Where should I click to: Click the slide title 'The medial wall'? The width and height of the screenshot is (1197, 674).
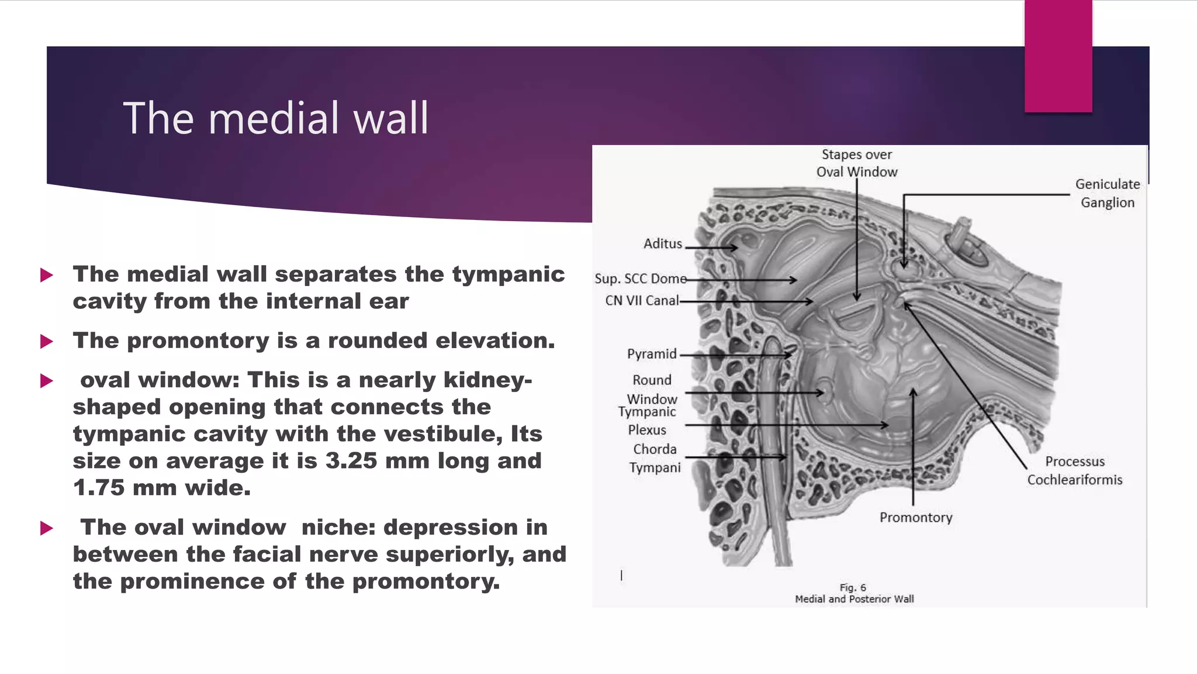(275, 118)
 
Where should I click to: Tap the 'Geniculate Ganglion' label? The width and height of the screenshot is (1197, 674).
(1107, 193)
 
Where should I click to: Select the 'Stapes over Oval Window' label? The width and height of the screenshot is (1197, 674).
(856, 163)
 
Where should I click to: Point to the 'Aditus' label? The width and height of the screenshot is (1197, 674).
(662, 244)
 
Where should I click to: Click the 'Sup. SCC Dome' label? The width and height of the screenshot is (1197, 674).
(640, 279)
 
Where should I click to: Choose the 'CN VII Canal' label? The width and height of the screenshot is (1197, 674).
(642, 301)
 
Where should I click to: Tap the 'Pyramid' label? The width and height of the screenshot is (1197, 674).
(651, 354)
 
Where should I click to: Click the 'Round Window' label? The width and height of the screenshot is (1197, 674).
(652, 389)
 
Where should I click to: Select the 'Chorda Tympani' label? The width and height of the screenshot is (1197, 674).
(655, 458)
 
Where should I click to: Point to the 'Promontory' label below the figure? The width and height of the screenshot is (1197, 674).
(915, 518)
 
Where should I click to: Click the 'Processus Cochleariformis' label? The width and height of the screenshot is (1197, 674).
(1074, 470)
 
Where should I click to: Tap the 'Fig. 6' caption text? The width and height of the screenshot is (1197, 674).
(853, 587)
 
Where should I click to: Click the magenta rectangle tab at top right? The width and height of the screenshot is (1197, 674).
(1058, 56)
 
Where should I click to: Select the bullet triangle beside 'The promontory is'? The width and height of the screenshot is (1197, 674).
(47, 341)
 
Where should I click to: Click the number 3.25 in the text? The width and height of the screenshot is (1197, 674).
(351, 461)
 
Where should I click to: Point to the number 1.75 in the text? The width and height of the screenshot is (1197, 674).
(99, 488)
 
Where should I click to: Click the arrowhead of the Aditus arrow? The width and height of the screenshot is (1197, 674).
(734, 247)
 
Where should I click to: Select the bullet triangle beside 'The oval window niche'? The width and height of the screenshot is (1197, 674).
(47, 528)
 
